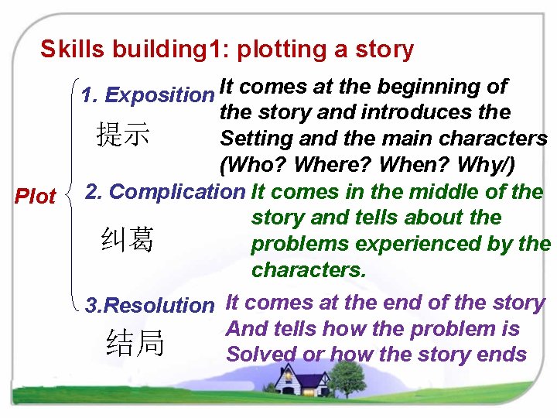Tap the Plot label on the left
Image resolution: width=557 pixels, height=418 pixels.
tap(36, 196)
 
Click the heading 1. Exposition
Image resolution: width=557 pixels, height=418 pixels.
tap(147, 95)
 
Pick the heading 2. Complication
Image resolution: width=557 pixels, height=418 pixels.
tap(164, 191)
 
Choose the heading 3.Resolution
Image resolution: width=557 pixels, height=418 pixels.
tap(149, 305)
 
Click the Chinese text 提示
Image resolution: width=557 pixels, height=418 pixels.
tap(122, 135)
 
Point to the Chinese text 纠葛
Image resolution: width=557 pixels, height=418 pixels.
tap(127, 241)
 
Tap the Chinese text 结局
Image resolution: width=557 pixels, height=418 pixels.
tap(136, 343)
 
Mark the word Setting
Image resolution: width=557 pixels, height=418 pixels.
tap(256, 139)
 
